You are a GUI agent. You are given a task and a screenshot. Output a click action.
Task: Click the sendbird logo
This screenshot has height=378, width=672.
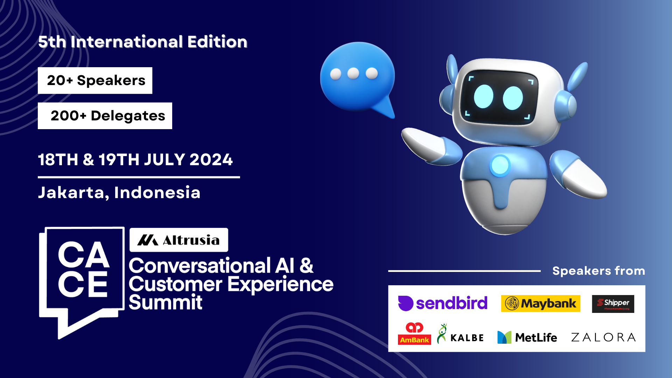pyautogui.click(x=443, y=303)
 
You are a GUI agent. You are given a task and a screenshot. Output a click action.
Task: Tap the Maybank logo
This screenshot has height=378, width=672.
pyautogui.click(x=540, y=303)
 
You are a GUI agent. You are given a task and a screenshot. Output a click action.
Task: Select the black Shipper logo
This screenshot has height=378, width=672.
pyautogui.click(x=613, y=304)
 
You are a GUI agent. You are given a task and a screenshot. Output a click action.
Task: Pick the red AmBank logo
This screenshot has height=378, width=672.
pyautogui.click(x=414, y=334)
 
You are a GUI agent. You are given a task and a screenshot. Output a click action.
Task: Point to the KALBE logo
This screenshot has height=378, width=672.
pyautogui.click(x=460, y=334)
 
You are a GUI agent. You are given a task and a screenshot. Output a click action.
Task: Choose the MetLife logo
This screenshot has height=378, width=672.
pyautogui.click(x=527, y=337)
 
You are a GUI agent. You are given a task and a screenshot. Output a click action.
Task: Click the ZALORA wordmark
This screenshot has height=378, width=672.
pyautogui.click(x=603, y=337)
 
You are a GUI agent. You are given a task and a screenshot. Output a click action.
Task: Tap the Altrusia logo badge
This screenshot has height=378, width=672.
pyautogui.click(x=179, y=240)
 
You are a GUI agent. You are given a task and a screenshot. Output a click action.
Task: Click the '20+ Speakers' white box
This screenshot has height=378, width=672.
pyautogui.click(x=95, y=80)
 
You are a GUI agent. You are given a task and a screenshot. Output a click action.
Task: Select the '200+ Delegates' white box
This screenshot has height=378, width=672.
pyautogui.click(x=105, y=116)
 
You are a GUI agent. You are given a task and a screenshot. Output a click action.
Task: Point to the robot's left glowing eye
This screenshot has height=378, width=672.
pyautogui.click(x=483, y=97)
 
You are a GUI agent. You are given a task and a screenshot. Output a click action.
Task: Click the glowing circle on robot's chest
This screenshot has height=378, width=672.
pyautogui.click(x=500, y=165)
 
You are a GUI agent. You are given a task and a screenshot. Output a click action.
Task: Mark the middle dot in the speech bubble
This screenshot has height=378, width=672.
pyautogui.click(x=353, y=73)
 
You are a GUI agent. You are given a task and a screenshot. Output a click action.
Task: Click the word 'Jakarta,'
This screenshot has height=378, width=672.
pyautogui.click(x=73, y=192)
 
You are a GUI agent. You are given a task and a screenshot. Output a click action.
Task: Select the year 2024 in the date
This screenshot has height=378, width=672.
pyautogui.click(x=211, y=160)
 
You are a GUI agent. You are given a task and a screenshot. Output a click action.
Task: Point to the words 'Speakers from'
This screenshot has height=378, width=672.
pyautogui.click(x=598, y=271)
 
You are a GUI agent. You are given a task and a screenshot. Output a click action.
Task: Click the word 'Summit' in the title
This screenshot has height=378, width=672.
pyautogui.click(x=165, y=302)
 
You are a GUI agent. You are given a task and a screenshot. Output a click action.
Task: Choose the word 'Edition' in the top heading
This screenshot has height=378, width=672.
pyautogui.click(x=217, y=42)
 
